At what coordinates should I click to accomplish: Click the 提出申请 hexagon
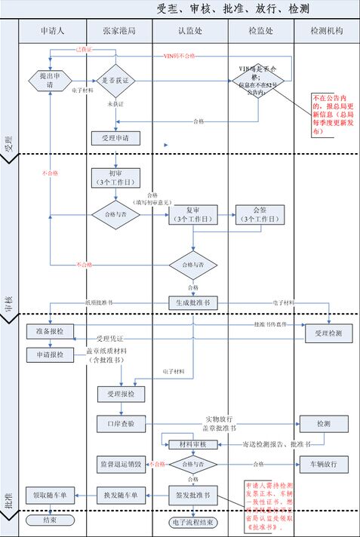(49, 80)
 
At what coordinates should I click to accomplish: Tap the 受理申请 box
(115, 139)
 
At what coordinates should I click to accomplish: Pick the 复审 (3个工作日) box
(192, 214)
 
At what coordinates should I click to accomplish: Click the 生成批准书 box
(192, 302)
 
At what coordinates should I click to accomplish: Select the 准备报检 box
(51, 331)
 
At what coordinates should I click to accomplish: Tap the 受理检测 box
(328, 332)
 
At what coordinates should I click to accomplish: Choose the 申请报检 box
(51, 354)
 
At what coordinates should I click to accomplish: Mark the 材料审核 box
(192, 444)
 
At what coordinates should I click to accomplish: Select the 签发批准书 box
(192, 495)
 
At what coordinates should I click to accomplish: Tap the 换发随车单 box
(121, 495)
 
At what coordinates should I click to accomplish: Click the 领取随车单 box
(51, 495)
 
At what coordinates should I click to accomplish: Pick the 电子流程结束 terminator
(192, 521)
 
